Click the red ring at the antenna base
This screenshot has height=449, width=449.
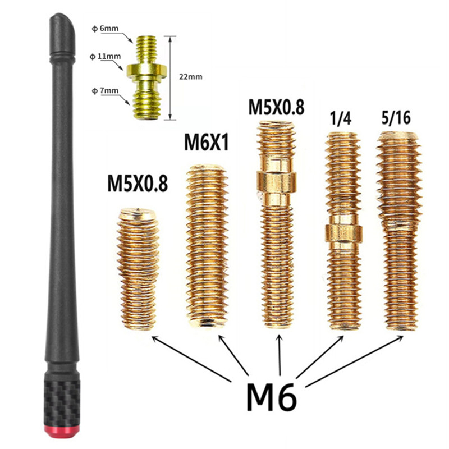62,432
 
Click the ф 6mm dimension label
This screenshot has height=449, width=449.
105,29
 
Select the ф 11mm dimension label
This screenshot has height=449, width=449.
105,57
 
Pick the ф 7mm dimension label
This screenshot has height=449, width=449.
105,91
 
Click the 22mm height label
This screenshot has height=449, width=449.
191,77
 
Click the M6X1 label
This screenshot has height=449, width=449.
207,143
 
